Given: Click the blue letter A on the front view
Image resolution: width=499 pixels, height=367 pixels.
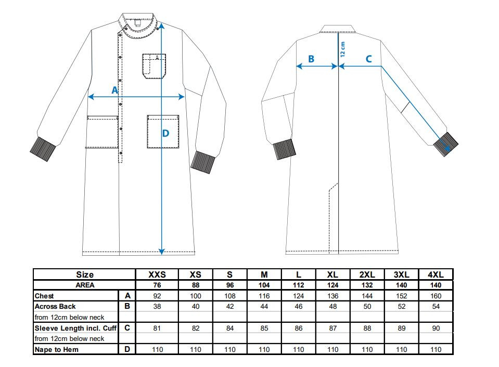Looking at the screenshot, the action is click(x=115, y=90).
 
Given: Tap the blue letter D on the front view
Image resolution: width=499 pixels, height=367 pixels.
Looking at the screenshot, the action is click(x=165, y=133).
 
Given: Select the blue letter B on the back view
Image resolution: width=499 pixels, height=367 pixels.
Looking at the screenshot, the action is click(x=311, y=59).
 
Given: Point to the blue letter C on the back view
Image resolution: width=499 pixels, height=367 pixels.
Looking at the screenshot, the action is click(x=368, y=59).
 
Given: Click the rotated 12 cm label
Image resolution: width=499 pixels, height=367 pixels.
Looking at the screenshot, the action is click(x=342, y=49).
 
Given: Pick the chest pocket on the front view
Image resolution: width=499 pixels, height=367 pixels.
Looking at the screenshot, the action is click(x=154, y=66).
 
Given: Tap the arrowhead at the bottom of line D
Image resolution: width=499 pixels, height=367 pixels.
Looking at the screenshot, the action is click(x=162, y=251).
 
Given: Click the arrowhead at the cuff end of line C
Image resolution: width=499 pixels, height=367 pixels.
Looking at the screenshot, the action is click(x=447, y=148).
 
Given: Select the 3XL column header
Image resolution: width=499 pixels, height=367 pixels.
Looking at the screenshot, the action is click(x=401, y=274).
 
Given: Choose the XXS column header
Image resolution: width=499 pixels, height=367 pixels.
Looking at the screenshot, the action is click(x=157, y=274).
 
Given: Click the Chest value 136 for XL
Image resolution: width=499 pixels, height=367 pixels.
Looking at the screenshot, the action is click(x=333, y=296).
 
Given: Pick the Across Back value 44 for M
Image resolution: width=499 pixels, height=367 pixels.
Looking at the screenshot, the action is click(x=264, y=307).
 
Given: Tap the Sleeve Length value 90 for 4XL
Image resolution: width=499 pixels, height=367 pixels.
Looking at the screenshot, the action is click(x=436, y=328).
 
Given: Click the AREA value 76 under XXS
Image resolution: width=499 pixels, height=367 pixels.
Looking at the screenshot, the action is click(x=157, y=285).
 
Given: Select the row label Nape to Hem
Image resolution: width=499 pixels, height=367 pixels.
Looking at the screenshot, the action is click(x=57, y=349).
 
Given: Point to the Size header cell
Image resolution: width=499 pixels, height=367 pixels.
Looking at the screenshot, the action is click(x=85, y=274).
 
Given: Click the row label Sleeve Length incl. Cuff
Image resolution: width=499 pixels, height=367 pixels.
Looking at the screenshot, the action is click(x=76, y=328).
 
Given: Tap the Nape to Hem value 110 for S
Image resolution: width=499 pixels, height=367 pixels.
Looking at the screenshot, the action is click(x=230, y=349).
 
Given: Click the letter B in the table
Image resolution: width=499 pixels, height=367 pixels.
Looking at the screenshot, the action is click(x=127, y=306).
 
